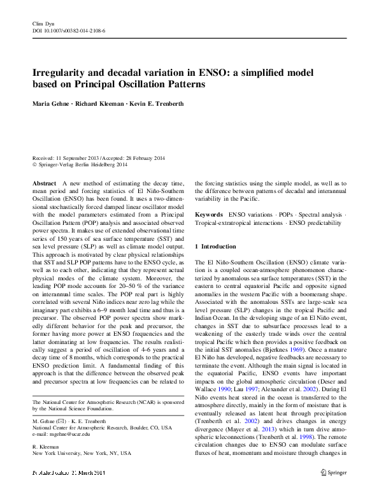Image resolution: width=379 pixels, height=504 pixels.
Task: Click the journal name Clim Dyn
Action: point(42,22)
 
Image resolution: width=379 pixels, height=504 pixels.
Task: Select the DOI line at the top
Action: point(68,30)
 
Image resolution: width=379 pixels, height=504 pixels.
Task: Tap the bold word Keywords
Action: point(209,215)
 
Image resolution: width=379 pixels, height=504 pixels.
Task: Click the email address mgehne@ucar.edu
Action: point(73,433)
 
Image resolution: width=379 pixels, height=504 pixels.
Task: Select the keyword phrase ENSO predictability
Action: point(309,223)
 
